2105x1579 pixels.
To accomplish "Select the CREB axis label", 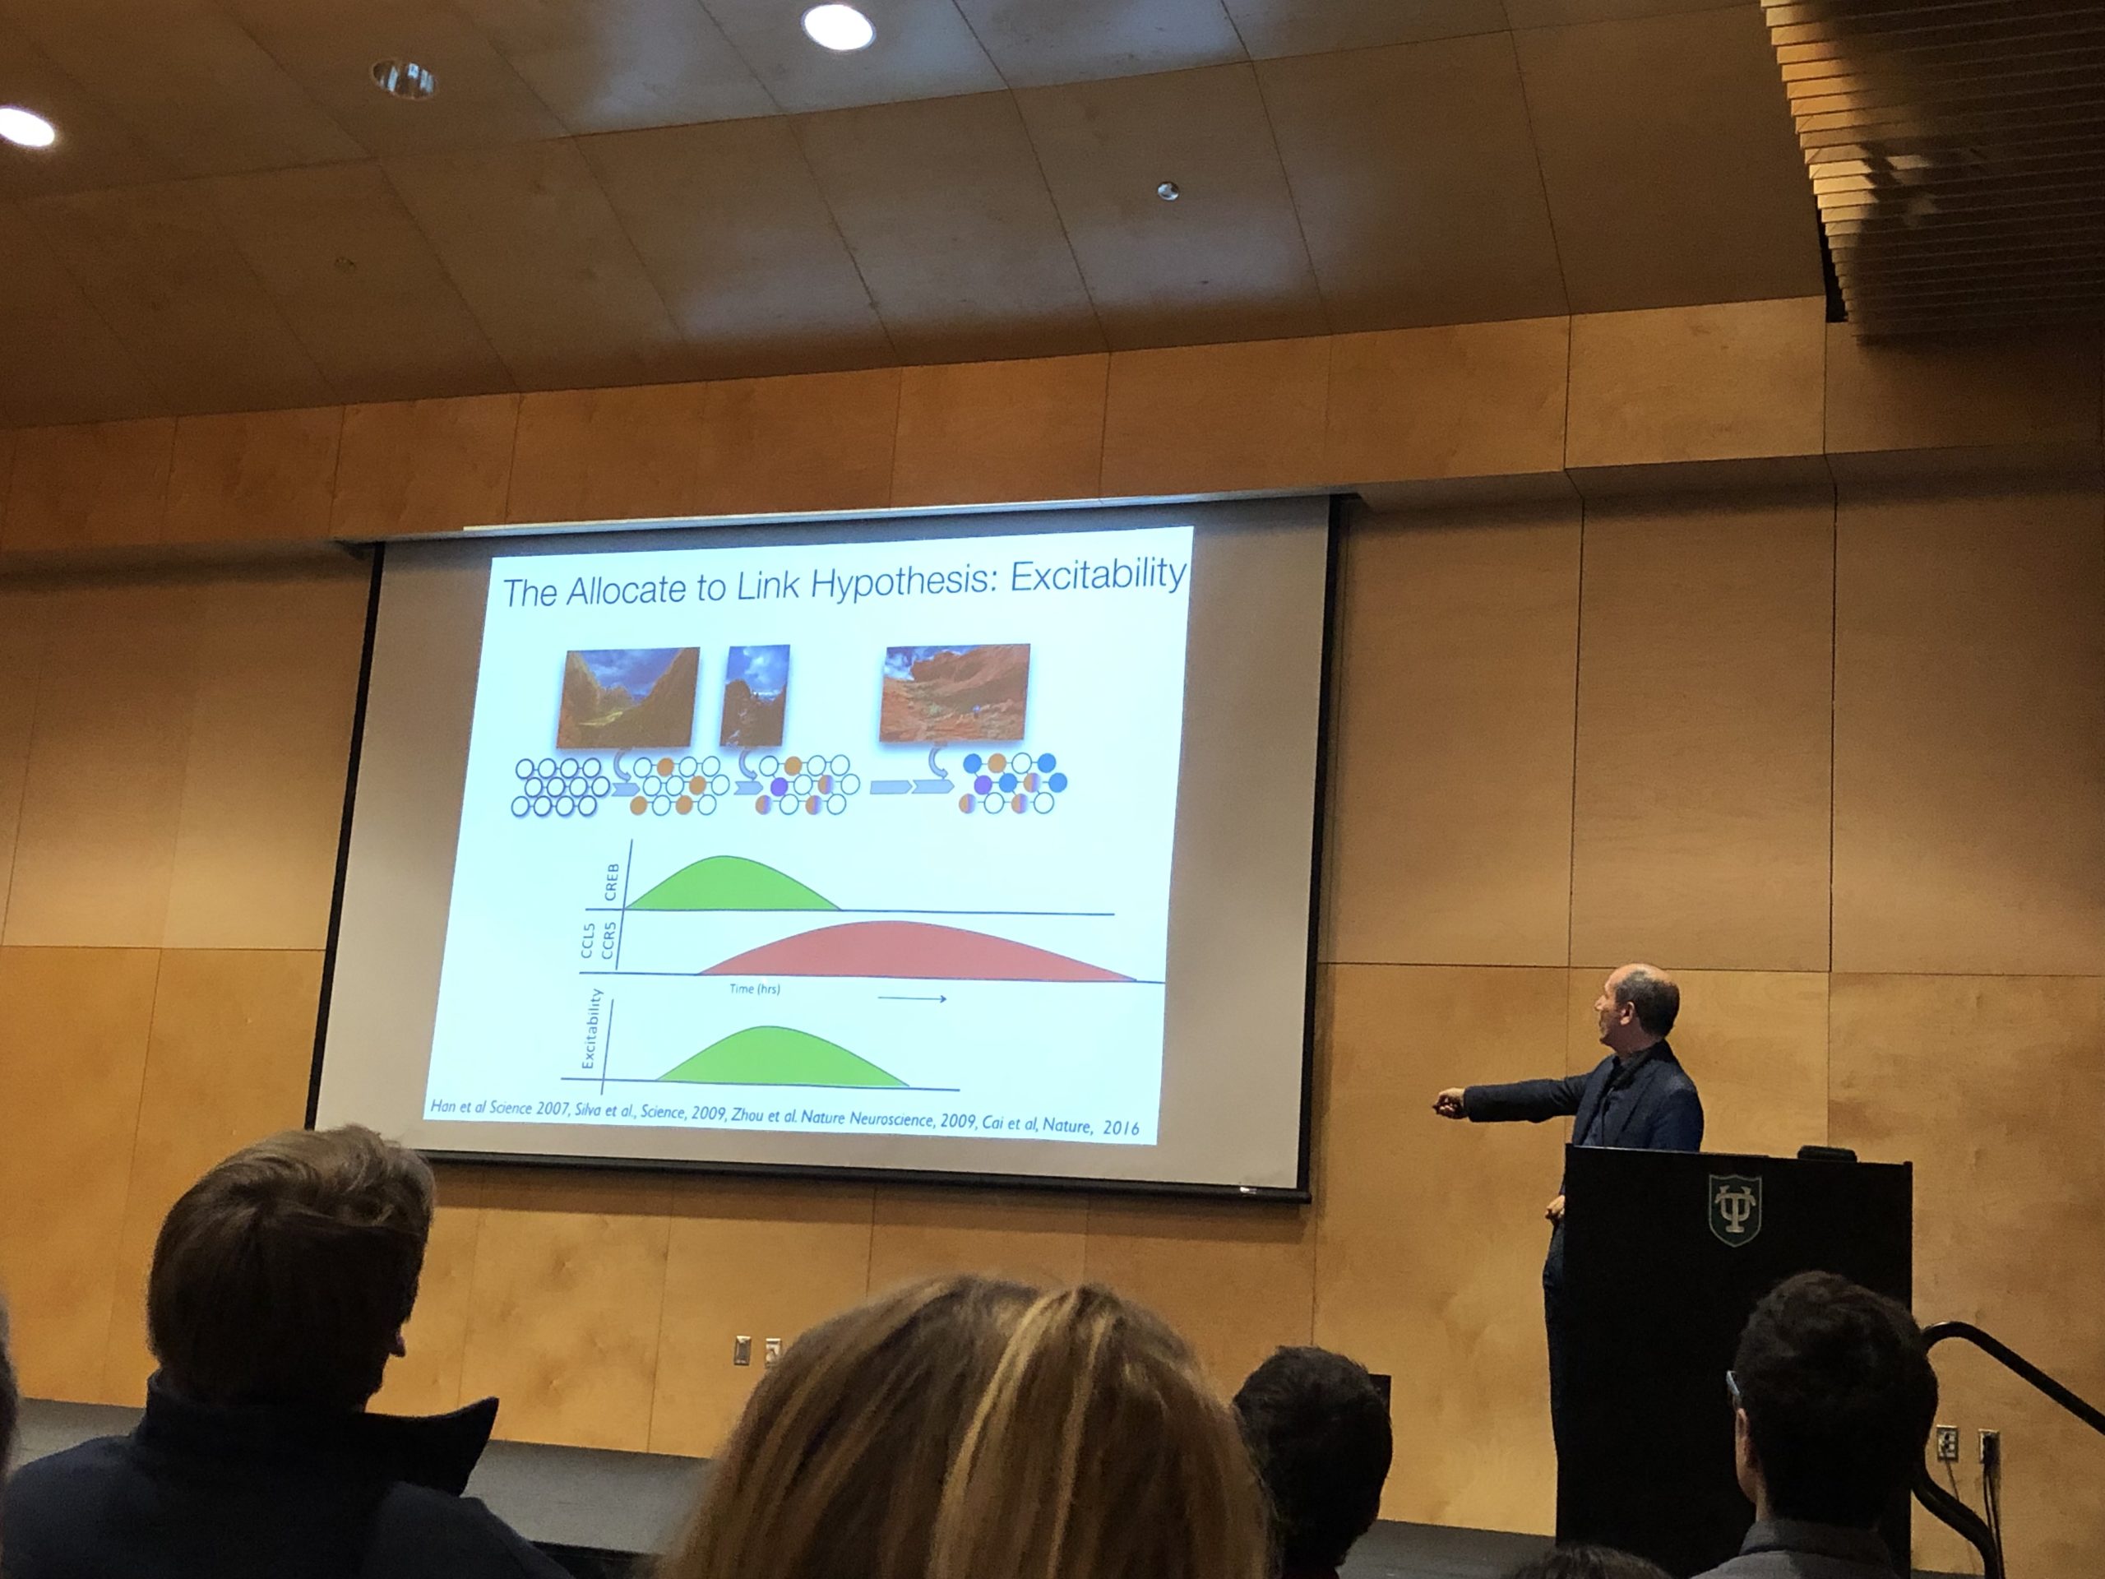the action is [611, 882].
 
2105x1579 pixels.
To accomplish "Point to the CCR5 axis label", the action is [610, 939].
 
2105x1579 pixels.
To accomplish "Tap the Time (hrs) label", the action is [755, 989].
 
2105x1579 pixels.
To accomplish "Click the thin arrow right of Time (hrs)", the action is [912, 998].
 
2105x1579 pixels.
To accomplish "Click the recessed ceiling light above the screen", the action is [837, 25].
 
